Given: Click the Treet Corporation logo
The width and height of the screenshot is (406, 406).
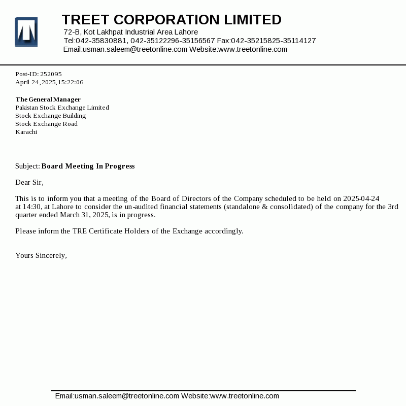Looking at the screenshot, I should click(26, 32).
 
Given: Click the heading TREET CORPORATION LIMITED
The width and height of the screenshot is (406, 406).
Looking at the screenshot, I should click(172, 20).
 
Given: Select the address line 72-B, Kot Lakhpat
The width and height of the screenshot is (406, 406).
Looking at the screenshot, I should click(130, 32).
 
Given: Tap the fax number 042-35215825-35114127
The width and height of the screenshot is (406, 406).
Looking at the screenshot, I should click(274, 41).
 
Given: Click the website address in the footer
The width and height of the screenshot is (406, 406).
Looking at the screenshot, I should click(245, 396).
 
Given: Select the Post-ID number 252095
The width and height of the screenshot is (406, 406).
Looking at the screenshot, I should click(51, 74).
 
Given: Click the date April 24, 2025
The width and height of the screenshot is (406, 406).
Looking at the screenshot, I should click(35, 82).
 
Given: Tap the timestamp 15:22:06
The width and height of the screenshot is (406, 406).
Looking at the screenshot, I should click(71, 82).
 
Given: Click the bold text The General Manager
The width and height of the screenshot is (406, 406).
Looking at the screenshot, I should click(48, 99).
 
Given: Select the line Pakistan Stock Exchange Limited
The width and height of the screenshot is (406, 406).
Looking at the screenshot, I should click(62, 108).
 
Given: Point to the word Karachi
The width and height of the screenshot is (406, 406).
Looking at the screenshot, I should click(26, 132).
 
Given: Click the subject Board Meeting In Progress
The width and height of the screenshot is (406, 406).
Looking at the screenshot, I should click(88, 166).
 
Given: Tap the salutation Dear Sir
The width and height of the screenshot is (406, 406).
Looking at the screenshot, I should click(29, 182).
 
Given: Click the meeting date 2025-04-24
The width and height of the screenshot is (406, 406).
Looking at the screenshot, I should click(361, 198).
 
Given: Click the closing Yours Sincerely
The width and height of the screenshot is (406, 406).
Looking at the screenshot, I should click(41, 255).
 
